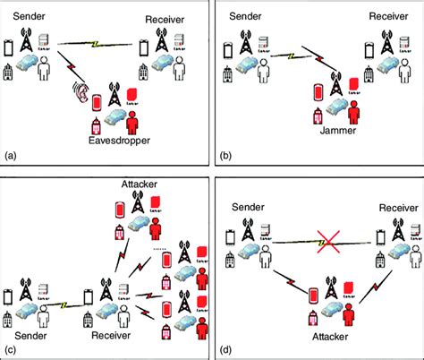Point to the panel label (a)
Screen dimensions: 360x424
pyautogui.click(x=11, y=155)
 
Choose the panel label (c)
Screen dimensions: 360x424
pyautogui.click(x=11, y=347)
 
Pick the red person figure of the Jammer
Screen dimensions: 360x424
pyautogui.click(x=354, y=114)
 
